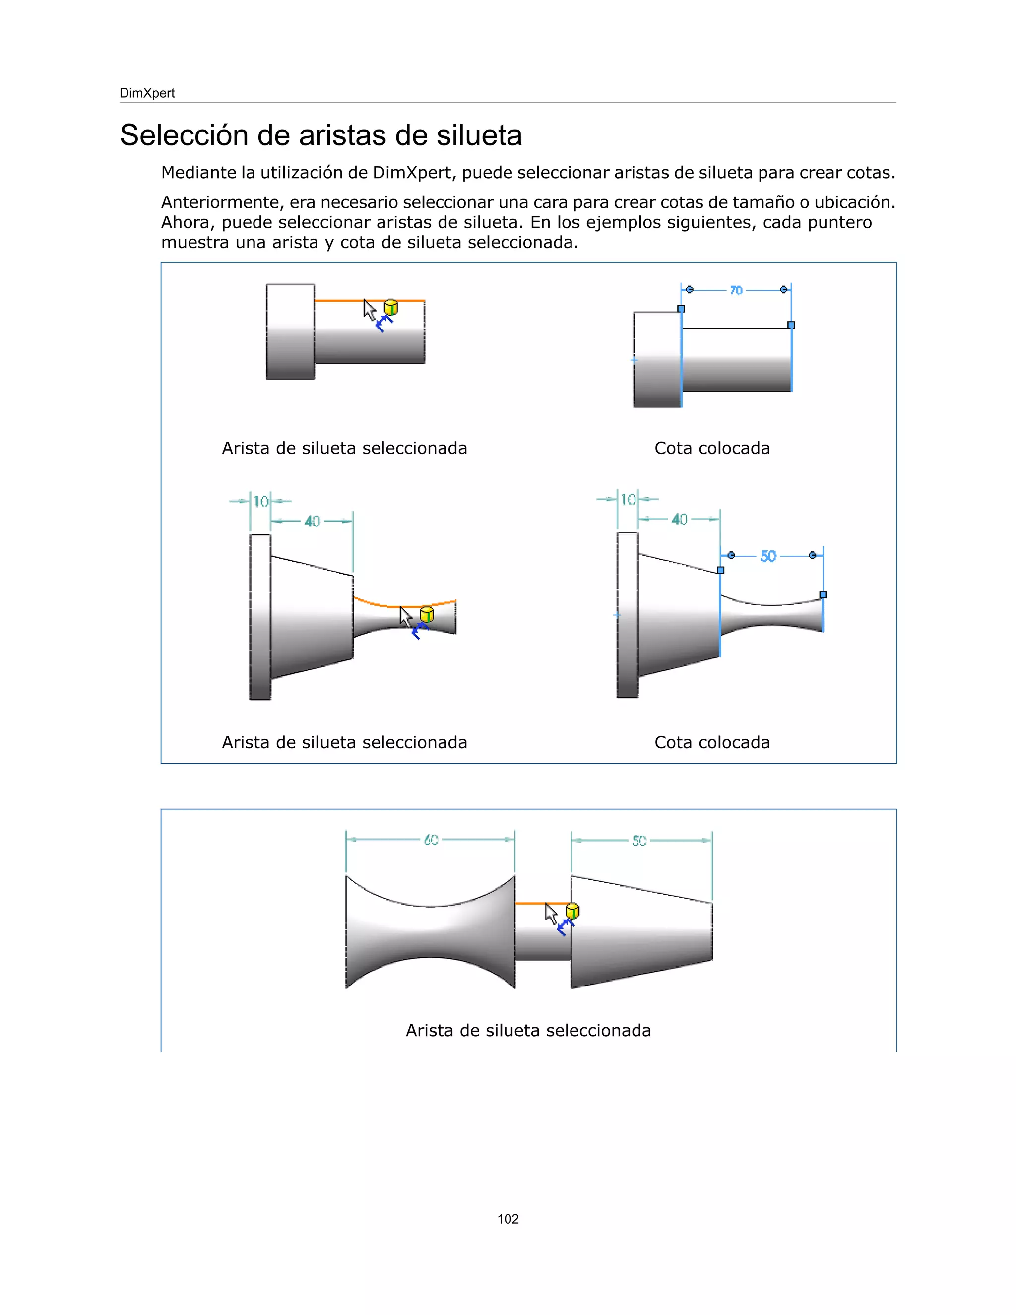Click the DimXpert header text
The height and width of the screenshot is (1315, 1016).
coord(147,93)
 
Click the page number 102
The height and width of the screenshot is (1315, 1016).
coord(508,1219)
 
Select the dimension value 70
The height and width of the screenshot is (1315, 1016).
coord(736,291)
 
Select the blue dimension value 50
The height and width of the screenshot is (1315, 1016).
coord(768,556)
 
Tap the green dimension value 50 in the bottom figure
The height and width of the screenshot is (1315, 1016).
coord(638,841)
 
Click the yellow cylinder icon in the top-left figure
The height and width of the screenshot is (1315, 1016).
coord(390,307)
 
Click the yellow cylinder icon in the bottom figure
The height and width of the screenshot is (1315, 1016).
coord(572,911)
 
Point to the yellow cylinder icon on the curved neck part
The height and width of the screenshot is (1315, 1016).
coord(427,614)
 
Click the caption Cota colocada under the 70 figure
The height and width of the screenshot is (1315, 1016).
coord(711,448)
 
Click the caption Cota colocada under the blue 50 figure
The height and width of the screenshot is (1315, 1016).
coord(711,742)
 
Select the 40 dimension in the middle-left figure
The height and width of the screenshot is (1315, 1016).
coord(312,522)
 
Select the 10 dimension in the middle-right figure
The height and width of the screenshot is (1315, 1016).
coord(628,499)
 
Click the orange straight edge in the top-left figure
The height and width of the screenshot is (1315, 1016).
coord(343,300)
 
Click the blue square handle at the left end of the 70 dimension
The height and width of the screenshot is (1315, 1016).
coord(681,309)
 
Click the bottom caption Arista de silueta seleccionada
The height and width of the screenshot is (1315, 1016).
coord(528,1030)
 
